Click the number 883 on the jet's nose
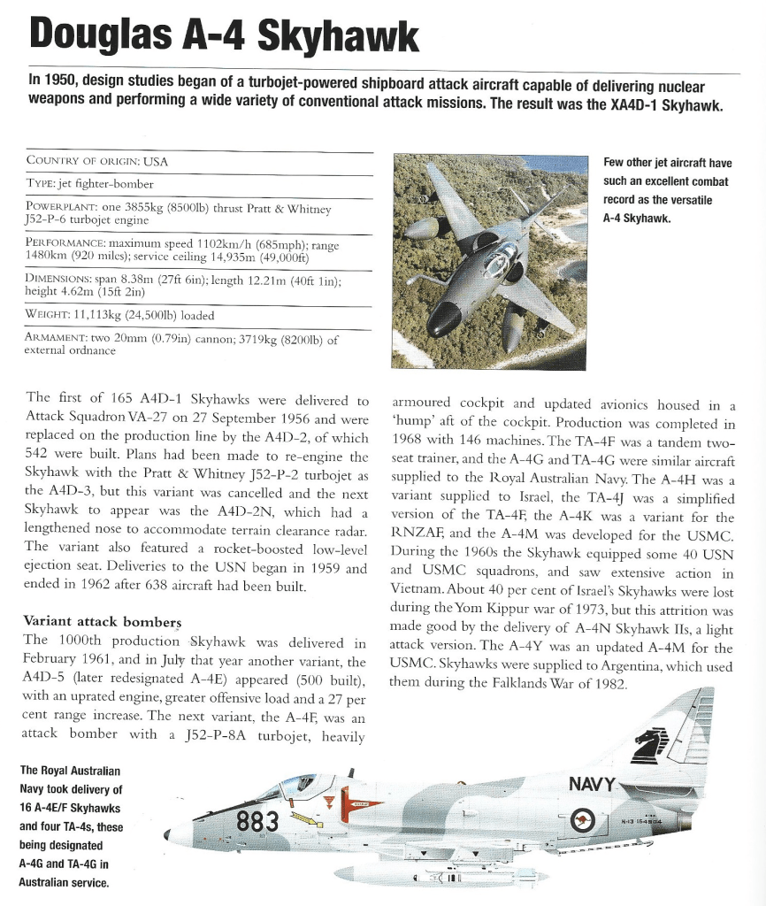(x=258, y=822)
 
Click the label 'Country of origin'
(x=83, y=162)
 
